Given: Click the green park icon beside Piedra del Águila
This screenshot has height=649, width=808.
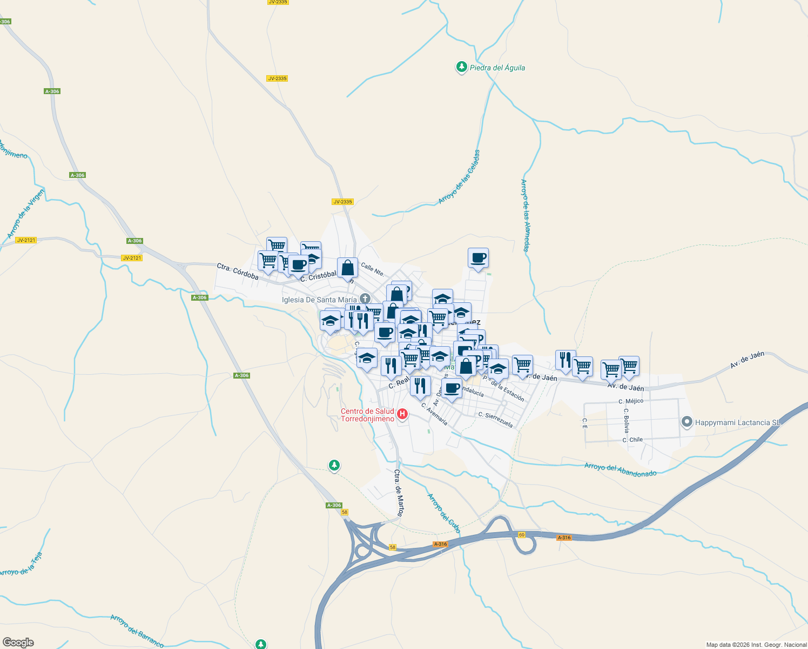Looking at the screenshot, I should [461, 67].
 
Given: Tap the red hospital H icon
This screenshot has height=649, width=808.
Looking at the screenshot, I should [402, 414].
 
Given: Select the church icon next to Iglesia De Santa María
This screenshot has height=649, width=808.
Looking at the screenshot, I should [365, 299].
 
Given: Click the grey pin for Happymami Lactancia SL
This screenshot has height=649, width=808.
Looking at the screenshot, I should [686, 421].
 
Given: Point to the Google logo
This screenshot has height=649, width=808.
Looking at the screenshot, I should [18, 643].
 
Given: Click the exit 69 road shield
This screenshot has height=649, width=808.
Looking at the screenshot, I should [521, 535].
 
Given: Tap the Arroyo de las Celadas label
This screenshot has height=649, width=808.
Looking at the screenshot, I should [459, 177].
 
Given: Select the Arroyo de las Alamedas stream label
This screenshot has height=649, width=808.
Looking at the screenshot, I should [524, 215].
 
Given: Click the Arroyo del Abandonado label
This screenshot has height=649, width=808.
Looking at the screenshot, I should [620, 469].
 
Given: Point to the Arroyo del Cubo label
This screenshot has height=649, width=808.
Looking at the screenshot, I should [444, 513].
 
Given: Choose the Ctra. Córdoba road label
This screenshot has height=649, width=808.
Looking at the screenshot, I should [238, 271].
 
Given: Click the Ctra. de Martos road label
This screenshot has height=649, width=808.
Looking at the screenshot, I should [399, 493].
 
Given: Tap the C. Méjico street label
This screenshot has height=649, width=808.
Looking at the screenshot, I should [631, 401].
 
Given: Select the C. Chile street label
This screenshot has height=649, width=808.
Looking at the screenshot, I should [632, 440].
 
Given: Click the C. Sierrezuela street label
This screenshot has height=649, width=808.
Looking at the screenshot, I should [495, 419].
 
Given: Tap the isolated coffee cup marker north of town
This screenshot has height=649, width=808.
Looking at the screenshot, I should [478, 258].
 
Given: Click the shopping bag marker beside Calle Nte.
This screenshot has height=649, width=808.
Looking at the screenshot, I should [348, 268].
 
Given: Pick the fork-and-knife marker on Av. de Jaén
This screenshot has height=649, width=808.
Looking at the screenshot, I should [565, 360].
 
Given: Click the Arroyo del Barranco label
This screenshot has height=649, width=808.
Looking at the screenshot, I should [137, 631].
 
